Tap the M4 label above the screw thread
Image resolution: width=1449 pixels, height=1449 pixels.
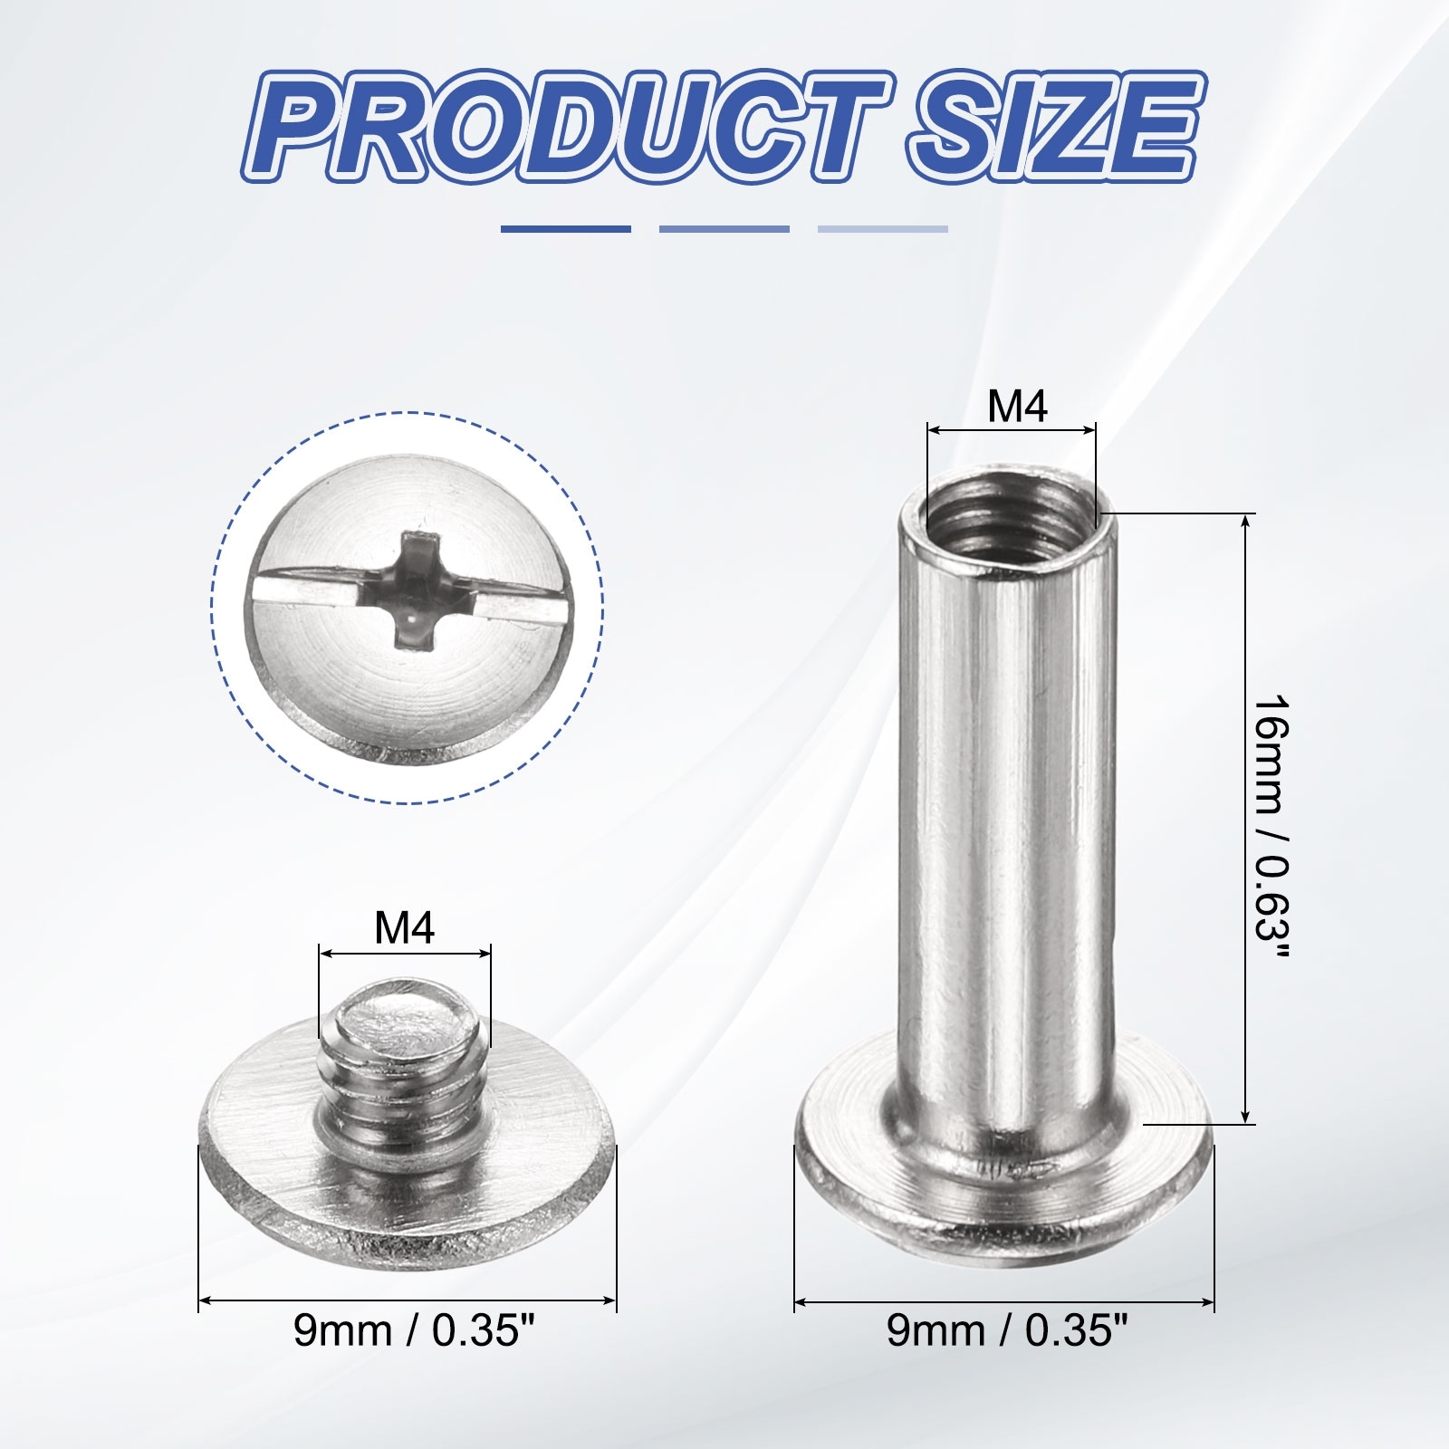pos(405,929)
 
